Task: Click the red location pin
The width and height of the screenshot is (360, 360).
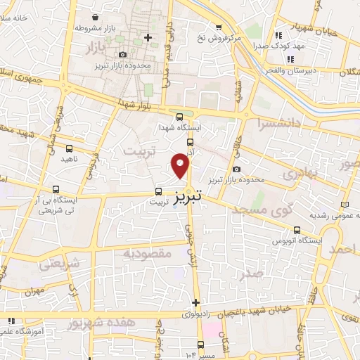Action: pos(181,166)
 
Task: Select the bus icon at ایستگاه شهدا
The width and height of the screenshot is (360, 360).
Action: pos(179,117)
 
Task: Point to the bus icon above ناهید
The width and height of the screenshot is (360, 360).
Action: pos(69,148)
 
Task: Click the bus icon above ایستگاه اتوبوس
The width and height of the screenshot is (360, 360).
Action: pos(297,229)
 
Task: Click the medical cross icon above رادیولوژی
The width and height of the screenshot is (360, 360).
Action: pos(195,302)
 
